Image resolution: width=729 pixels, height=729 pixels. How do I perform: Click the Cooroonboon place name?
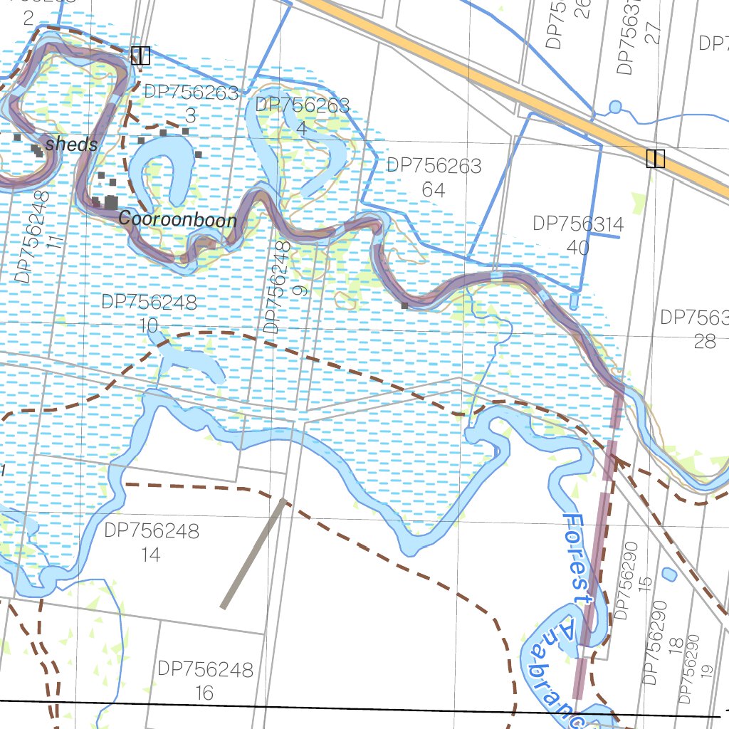177,219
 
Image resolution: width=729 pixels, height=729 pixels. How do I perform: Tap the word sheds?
71,145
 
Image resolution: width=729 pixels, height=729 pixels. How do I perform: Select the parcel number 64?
433,190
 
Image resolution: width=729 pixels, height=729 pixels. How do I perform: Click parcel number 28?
704,341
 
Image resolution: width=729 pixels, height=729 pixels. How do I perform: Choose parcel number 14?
151,555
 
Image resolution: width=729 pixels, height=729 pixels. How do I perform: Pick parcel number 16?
204,693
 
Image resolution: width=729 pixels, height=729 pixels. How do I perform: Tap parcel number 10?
148,325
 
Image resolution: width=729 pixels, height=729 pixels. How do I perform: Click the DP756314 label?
578,225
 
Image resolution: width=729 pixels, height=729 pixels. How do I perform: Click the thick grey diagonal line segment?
253,554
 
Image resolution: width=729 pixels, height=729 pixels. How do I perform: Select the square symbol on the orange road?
655,159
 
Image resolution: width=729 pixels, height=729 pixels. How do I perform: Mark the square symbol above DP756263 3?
140,56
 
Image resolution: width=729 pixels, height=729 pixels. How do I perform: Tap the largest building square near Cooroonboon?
111,202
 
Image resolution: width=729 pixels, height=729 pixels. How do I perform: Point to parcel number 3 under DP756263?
190,115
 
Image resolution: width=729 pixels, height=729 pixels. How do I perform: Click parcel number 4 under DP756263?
301,129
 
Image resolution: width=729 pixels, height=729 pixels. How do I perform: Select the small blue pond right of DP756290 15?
668,574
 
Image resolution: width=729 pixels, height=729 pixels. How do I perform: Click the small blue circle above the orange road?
615,107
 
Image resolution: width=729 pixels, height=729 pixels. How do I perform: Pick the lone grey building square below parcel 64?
404,305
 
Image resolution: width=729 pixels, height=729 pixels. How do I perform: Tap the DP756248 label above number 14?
152,531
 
